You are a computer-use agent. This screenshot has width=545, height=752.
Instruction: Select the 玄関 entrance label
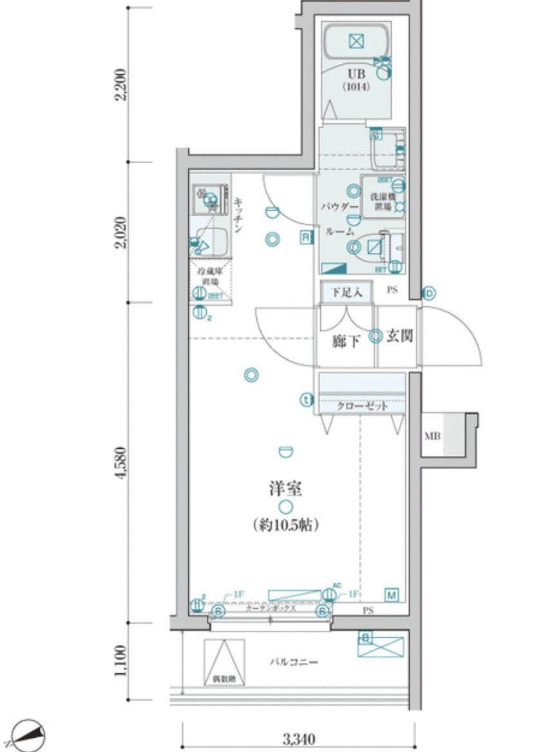click(399, 336)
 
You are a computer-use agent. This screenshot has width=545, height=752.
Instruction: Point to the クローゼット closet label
click(363, 406)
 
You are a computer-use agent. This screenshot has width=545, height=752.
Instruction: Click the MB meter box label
click(432, 437)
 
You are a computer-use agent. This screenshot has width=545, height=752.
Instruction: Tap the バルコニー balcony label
click(294, 662)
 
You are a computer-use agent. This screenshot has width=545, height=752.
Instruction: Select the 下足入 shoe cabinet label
click(347, 292)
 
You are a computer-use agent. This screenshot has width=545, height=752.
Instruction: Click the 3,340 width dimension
click(298, 738)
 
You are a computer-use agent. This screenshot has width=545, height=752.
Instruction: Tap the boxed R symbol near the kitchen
click(305, 237)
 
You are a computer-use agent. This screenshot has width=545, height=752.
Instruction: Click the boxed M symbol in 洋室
click(391, 594)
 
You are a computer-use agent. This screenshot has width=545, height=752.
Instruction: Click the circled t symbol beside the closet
click(307, 400)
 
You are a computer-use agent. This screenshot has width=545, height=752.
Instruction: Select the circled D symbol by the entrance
click(430, 294)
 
